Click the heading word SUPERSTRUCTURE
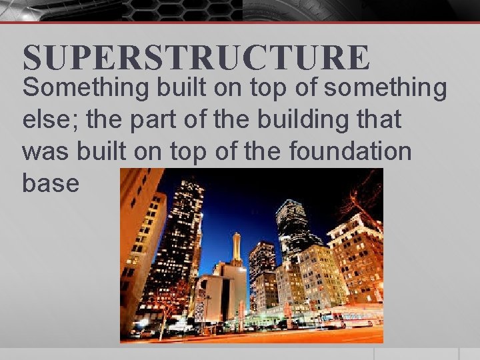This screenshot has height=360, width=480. coord(195,58)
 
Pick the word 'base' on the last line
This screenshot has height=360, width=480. coord(51,183)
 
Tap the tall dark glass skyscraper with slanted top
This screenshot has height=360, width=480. coord(291,227)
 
